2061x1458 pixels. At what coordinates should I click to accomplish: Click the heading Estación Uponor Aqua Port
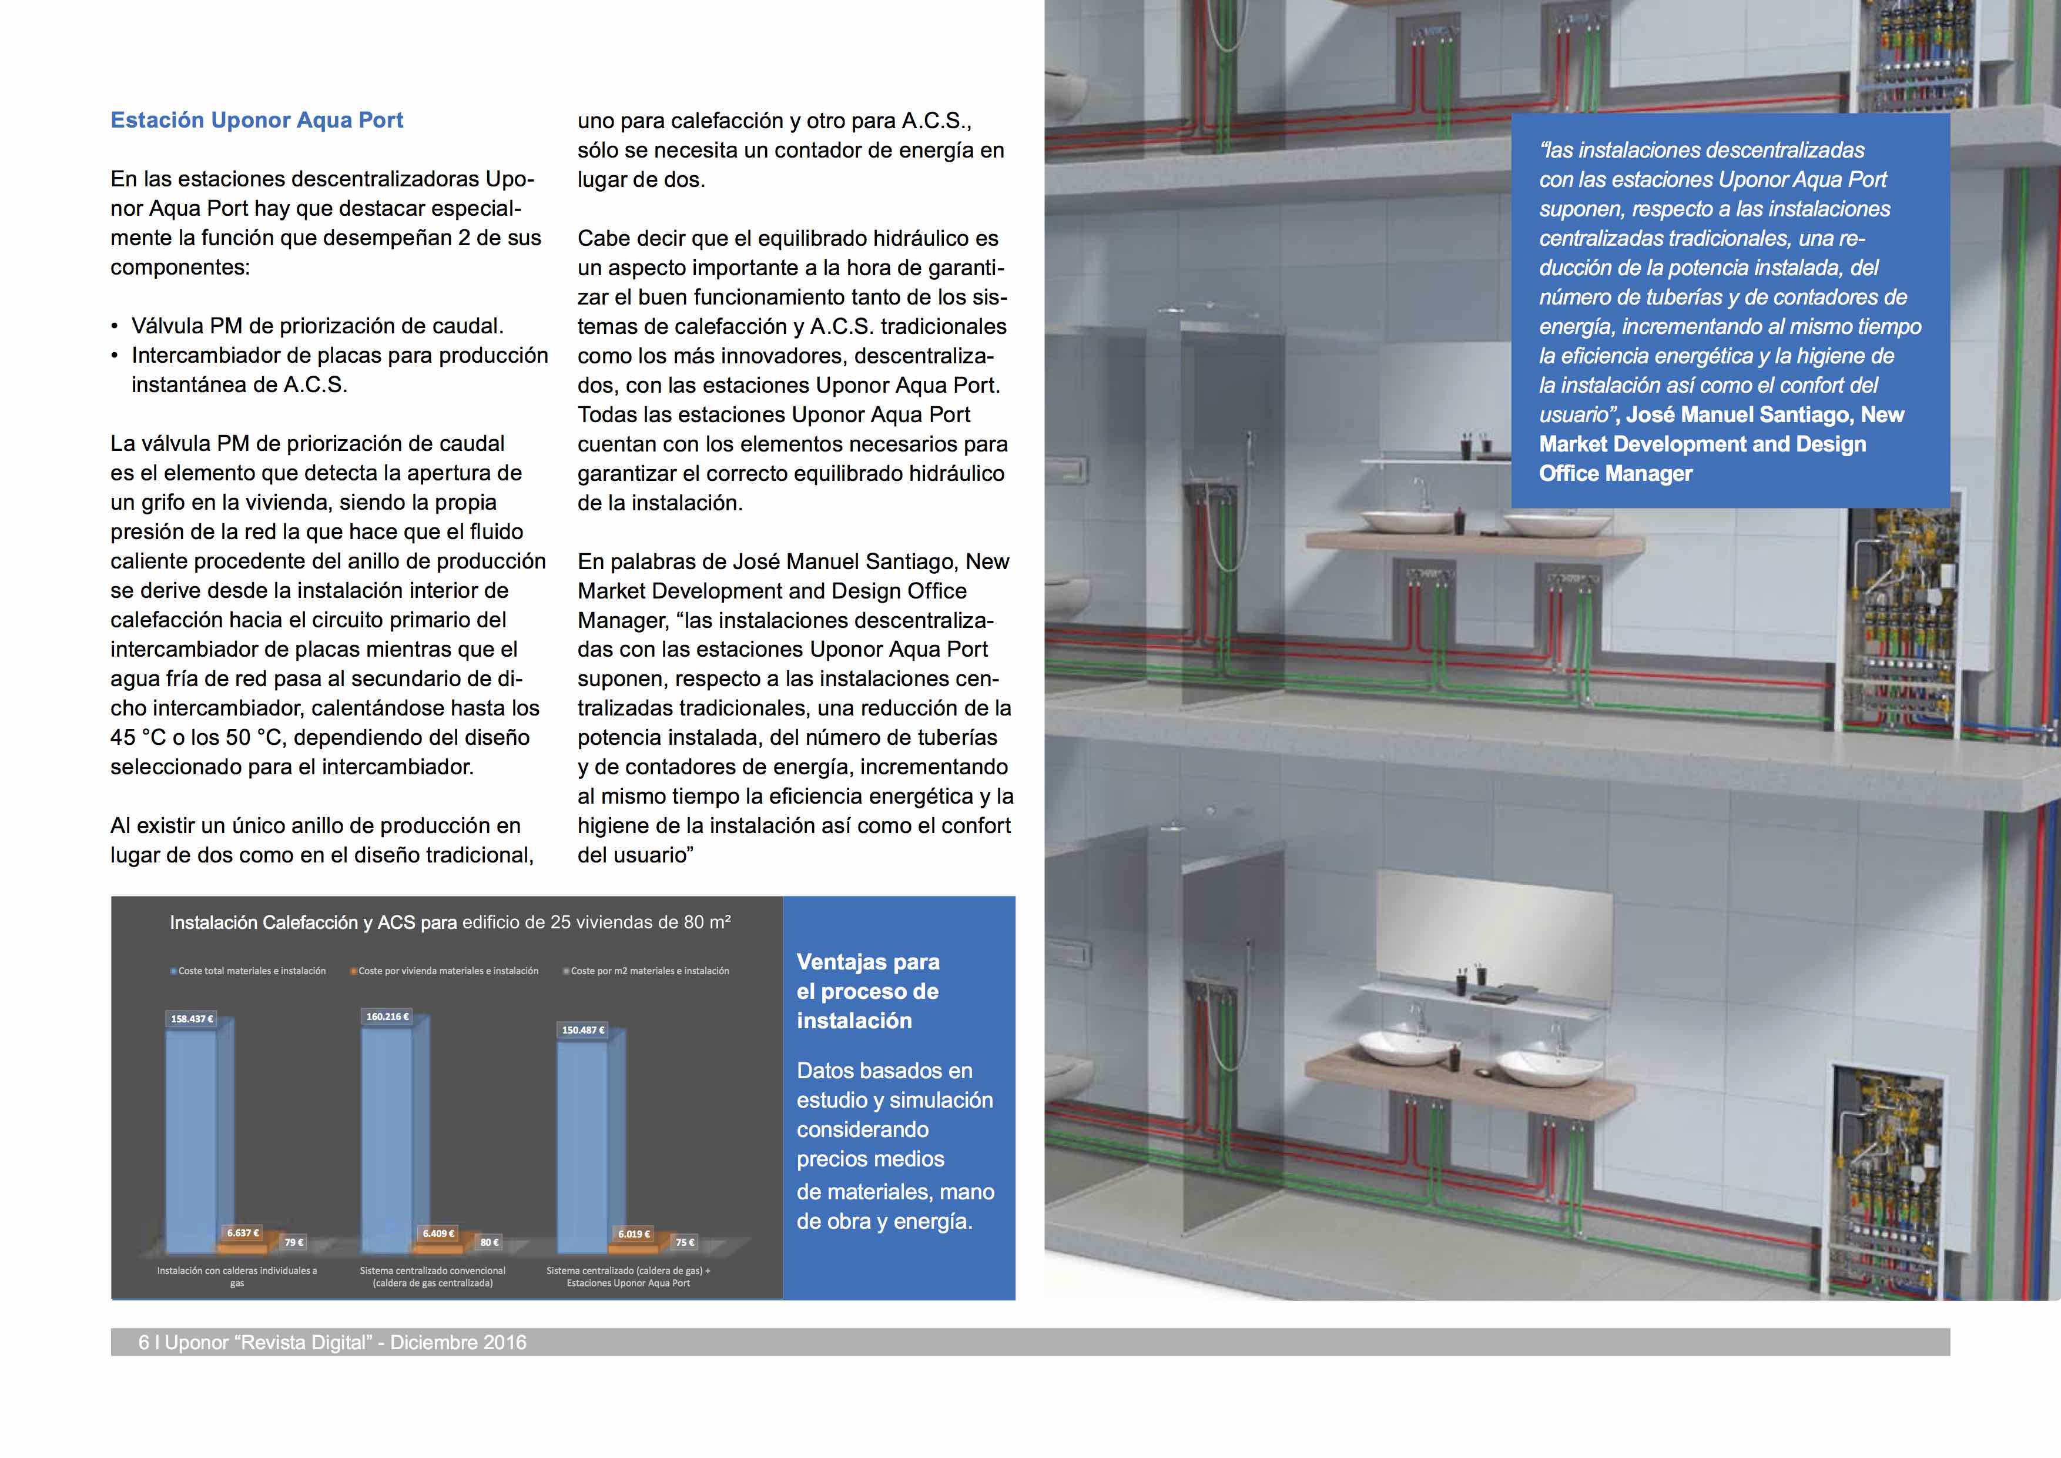click(257, 121)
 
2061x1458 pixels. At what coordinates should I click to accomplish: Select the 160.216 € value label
click(387, 1016)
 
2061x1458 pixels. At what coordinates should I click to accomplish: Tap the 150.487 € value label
click(582, 1030)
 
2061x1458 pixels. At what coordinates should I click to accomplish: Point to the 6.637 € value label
click(242, 1233)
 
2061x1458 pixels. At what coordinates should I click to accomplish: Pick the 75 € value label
click(685, 1242)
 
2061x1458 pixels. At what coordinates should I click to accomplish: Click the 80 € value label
click(489, 1242)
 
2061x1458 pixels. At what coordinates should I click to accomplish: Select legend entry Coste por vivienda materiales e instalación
click(448, 971)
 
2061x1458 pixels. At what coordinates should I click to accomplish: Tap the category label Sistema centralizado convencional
click(433, 1271)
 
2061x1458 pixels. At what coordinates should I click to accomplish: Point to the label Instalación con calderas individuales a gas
click(237, 1277)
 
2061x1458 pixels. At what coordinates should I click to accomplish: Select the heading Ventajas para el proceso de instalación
click(867, 991)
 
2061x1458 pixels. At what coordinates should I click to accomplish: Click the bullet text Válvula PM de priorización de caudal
click(317, 326)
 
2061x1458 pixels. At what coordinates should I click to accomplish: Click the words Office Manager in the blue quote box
click(1615, 474)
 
